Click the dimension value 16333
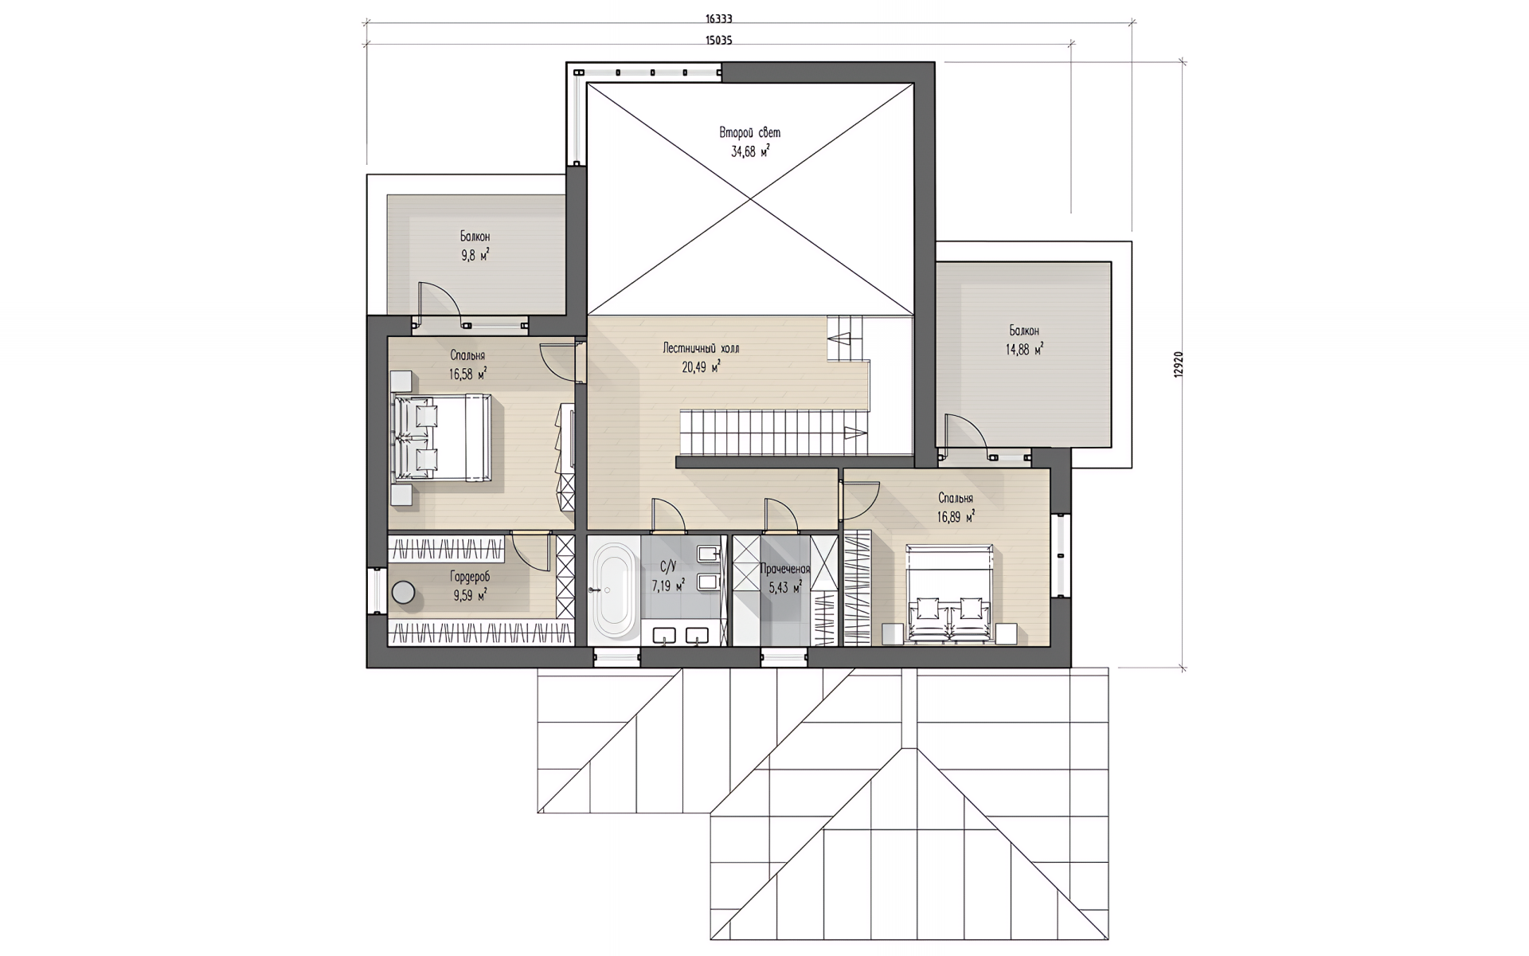[x=718, y=18]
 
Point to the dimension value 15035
[x=718, y=40]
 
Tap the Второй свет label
[x=750, y=132]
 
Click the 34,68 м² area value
[x=750, y=151]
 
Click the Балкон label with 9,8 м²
[x=475, y=237]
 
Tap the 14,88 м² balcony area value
[x=1025, y=349]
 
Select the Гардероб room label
[x=470, y=577]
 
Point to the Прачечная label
[x=784, y=569]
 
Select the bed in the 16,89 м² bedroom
[x=950, y=594]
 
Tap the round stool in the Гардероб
[x=404, y=594]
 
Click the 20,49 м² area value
[x=701, y=366]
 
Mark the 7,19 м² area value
[x=668, y=586]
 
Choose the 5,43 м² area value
[x=784, y=588]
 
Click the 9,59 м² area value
[x=470, y=594]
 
